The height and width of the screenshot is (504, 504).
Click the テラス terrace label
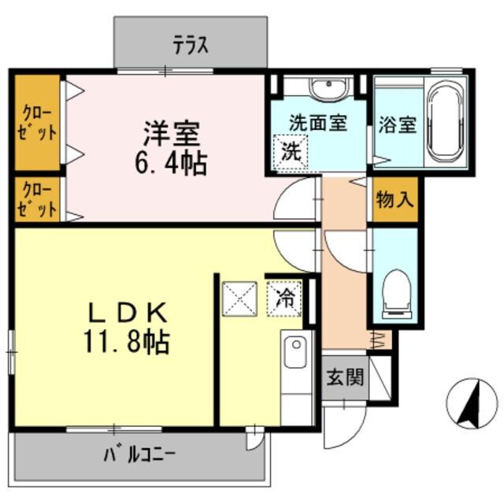(191, 46)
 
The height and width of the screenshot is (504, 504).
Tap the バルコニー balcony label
(139, 454)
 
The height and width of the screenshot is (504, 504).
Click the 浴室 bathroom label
(397, 124)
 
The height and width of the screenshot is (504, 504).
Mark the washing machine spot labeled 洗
(290, 151)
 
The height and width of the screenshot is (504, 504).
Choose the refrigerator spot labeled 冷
(286, 298)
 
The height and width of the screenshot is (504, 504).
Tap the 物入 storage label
(394, 198)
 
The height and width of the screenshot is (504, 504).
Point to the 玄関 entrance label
(345, 377)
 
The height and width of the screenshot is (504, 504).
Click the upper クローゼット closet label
(38, 122)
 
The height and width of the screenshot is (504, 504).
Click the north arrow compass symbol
(472, 402)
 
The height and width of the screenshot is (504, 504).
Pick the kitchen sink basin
(295, 351)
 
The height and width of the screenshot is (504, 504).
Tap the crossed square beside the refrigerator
(240, 298)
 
